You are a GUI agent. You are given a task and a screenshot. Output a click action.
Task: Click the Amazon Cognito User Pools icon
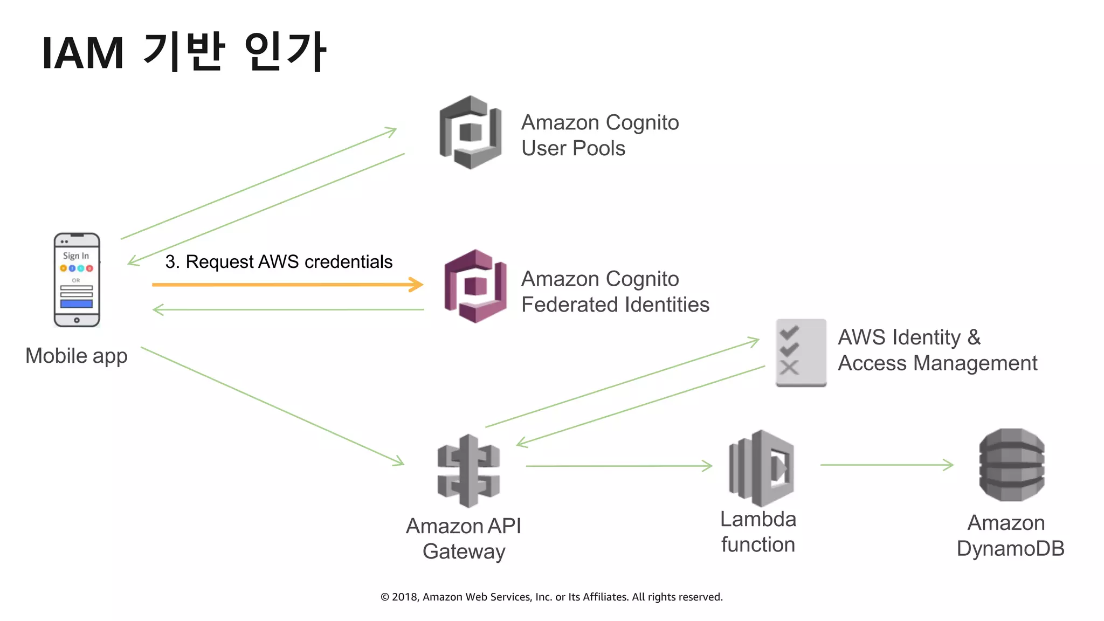point(471,132)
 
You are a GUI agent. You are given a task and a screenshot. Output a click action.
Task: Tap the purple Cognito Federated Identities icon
point(475,286)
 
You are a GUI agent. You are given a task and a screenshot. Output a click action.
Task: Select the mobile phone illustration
point(77,280)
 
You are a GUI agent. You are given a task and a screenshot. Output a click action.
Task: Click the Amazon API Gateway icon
point(468,471)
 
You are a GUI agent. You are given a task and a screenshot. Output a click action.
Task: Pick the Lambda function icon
point(761,467)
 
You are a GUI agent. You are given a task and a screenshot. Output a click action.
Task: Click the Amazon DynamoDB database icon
point(1011,465)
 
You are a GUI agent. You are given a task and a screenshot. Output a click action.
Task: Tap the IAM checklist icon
point(801,353)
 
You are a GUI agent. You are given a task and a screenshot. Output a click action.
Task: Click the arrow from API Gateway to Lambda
point(618,466)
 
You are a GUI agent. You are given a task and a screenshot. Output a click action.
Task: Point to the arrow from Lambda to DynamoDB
point(886,465)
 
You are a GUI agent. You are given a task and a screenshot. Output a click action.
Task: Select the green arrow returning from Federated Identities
point(288,310)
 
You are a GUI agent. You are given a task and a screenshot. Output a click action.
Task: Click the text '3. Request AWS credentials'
point(279,262)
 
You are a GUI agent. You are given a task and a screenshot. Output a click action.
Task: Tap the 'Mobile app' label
point(77,356)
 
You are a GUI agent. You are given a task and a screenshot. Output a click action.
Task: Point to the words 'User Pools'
point(573,148)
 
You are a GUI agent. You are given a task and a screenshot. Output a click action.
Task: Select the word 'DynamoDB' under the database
point(1010,549)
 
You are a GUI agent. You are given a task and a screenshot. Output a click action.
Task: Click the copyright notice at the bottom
point(551,597)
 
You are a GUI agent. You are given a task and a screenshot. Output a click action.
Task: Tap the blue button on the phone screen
point(77,304)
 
